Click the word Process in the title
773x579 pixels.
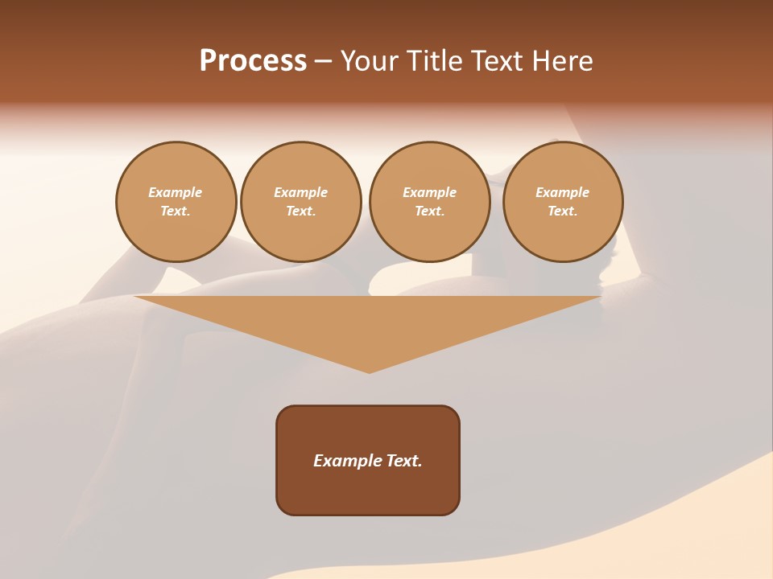tap(253, 61)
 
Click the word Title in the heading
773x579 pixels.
tap(431, 61)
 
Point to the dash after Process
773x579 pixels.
tap(323, 62)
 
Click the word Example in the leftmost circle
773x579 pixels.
tap(176, 192)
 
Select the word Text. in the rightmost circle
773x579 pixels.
tap(563, 211)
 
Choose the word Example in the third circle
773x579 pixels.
tap(430, 192)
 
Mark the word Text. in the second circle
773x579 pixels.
tap(301, 211)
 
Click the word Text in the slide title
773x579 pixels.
tap(495, 61)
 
